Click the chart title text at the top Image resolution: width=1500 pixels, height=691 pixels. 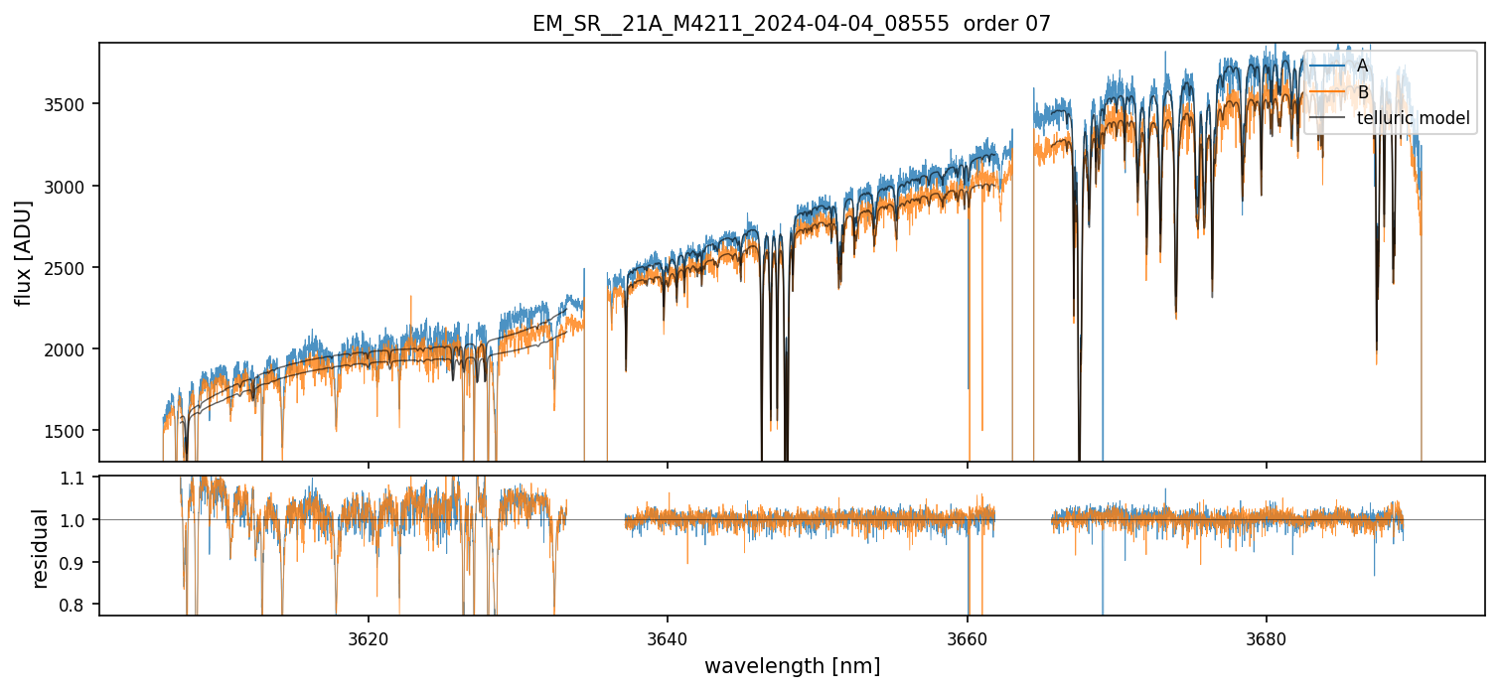[x=791, y=24]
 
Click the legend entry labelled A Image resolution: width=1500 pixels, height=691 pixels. [x=1362, y=66]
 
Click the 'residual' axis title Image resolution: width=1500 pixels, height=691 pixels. [x=41, y=547]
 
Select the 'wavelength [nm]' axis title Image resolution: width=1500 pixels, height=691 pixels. [x=792, y=666]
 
